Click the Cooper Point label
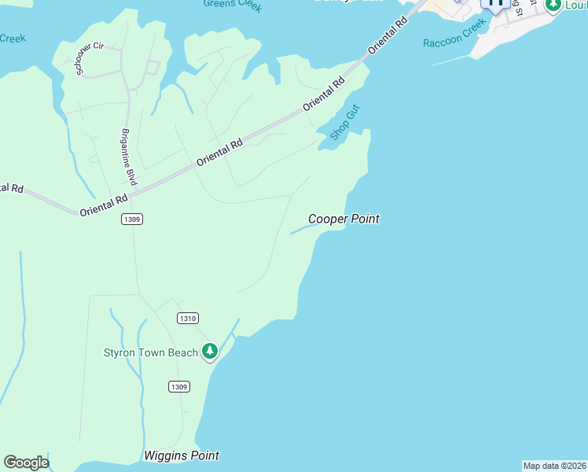(344, 219)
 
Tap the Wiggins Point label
(182, 455)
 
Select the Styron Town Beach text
(151, 352)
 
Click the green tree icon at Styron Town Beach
(209, 351)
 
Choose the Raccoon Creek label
(454, 37)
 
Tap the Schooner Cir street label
(87, 59)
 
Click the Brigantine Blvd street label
(130, 157)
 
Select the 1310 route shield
(187, 318)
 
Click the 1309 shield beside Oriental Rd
(132, 219)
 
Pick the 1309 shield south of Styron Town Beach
(179, 386)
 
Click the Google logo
(26, 463)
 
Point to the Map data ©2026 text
(554, 466)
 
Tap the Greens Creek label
(232, 6)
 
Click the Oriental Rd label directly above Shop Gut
(324, 94)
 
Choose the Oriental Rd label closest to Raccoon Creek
(389, 34)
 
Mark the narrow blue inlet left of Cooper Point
(300, 230)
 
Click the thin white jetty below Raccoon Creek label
(452, 59)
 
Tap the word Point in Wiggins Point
(203, 455)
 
